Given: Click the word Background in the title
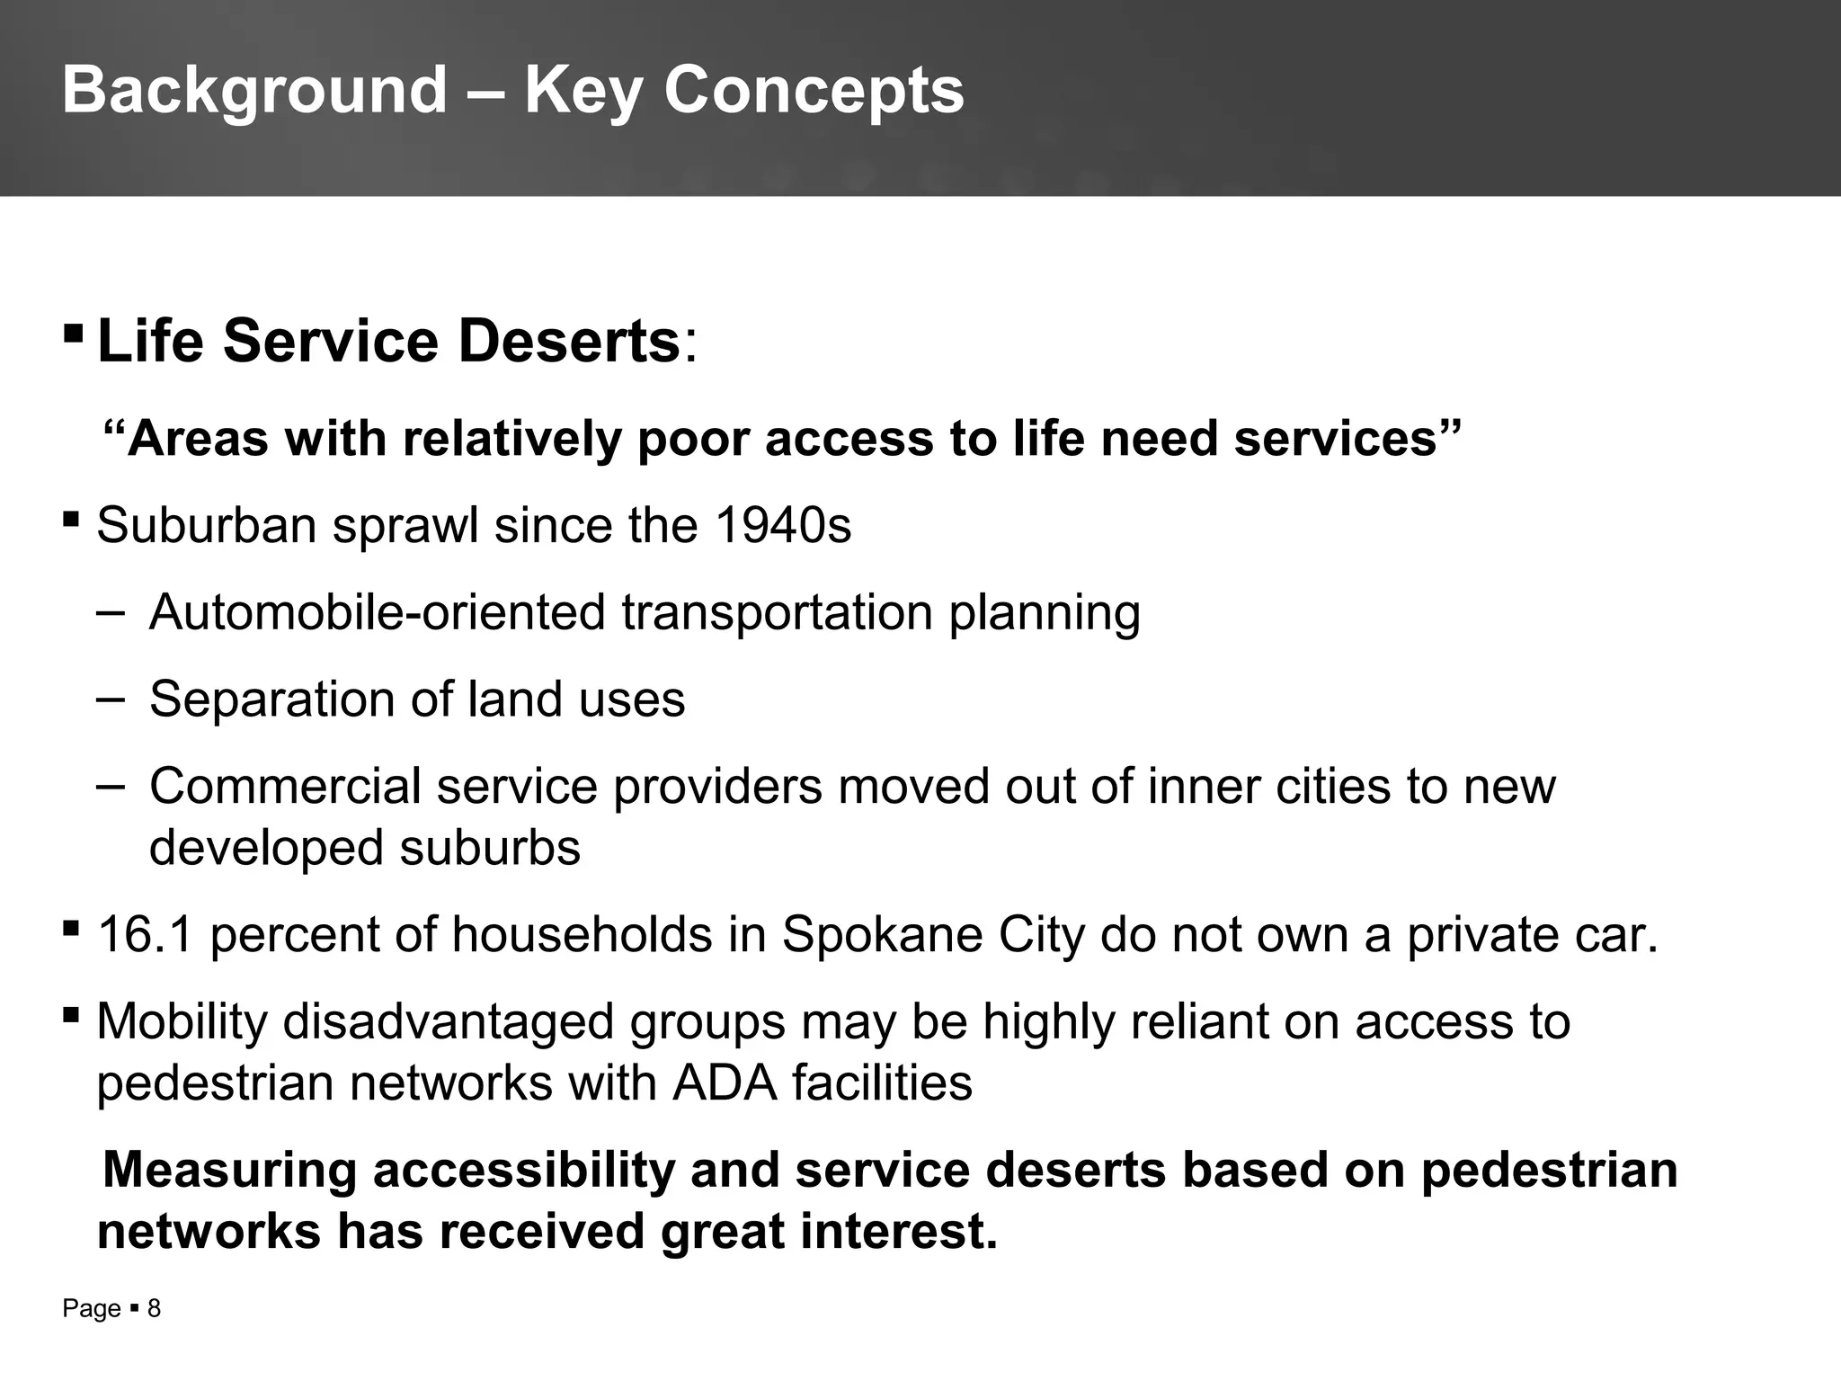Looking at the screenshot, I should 254,91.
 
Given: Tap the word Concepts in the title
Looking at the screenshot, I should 814,91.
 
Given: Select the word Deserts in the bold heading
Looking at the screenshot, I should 569,342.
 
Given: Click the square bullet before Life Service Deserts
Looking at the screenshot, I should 74,335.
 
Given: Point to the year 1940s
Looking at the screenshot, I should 783,525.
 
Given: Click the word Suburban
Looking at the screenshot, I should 206,525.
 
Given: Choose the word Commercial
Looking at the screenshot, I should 284,786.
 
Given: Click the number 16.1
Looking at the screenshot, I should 145,934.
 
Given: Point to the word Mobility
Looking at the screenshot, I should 182,1021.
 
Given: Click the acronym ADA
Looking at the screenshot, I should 725,1083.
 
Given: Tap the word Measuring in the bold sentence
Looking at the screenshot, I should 229,1170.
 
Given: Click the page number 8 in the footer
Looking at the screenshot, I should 154,1309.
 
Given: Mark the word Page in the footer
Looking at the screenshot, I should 91,1309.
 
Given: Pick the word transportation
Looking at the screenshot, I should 776,612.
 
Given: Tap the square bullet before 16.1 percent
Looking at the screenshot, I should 72,927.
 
